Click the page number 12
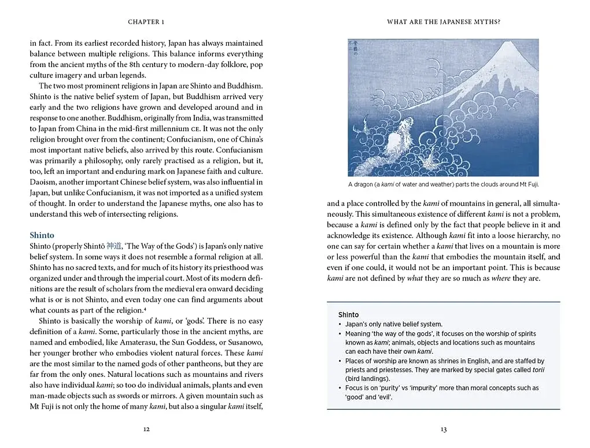tap(146, 430)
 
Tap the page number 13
tap(443, 430)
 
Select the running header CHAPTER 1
tap(146, 22)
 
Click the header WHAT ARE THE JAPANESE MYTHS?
tap(443, 22)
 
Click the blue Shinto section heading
tap(42, 235)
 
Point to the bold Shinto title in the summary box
tap(348, 314)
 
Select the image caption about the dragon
tap(443, 184)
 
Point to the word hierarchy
tap(519, 235)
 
